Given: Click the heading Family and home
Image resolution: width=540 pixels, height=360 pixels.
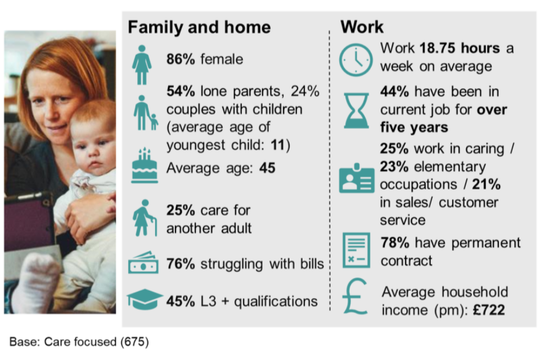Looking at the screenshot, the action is click(x=199, y=27).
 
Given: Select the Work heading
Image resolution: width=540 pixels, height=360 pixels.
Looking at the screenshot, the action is click(x=362, y=27).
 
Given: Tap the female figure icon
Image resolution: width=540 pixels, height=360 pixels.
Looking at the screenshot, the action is click(x=142, y=65).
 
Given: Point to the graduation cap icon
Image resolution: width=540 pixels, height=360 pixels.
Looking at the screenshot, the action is click(x=145, y=298).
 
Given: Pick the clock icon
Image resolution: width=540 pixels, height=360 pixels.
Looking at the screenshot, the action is click(x=355, y=60).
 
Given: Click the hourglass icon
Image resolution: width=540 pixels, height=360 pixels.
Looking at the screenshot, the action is click(x=356, y=110).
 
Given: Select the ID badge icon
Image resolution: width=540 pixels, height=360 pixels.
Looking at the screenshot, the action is click(x=357, y=178).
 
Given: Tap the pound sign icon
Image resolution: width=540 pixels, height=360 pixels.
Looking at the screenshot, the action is click(x=355, y=296).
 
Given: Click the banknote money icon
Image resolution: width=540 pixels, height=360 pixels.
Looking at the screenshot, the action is click(x=143, y=263).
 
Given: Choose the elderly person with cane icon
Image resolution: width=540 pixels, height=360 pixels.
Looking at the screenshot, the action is click(x=145, y=218).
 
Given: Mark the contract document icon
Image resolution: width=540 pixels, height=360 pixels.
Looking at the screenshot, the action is click(x=357, y=250).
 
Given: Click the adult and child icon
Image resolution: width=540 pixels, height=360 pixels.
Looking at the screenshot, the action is click(x=145, y=113).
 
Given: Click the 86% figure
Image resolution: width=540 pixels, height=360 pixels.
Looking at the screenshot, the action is click(x=181, y=59).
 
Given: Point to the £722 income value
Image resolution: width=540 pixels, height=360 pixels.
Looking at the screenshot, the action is click(x=489, y=310).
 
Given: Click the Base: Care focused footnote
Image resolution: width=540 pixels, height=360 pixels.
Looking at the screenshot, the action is click(x=79, y=342).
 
